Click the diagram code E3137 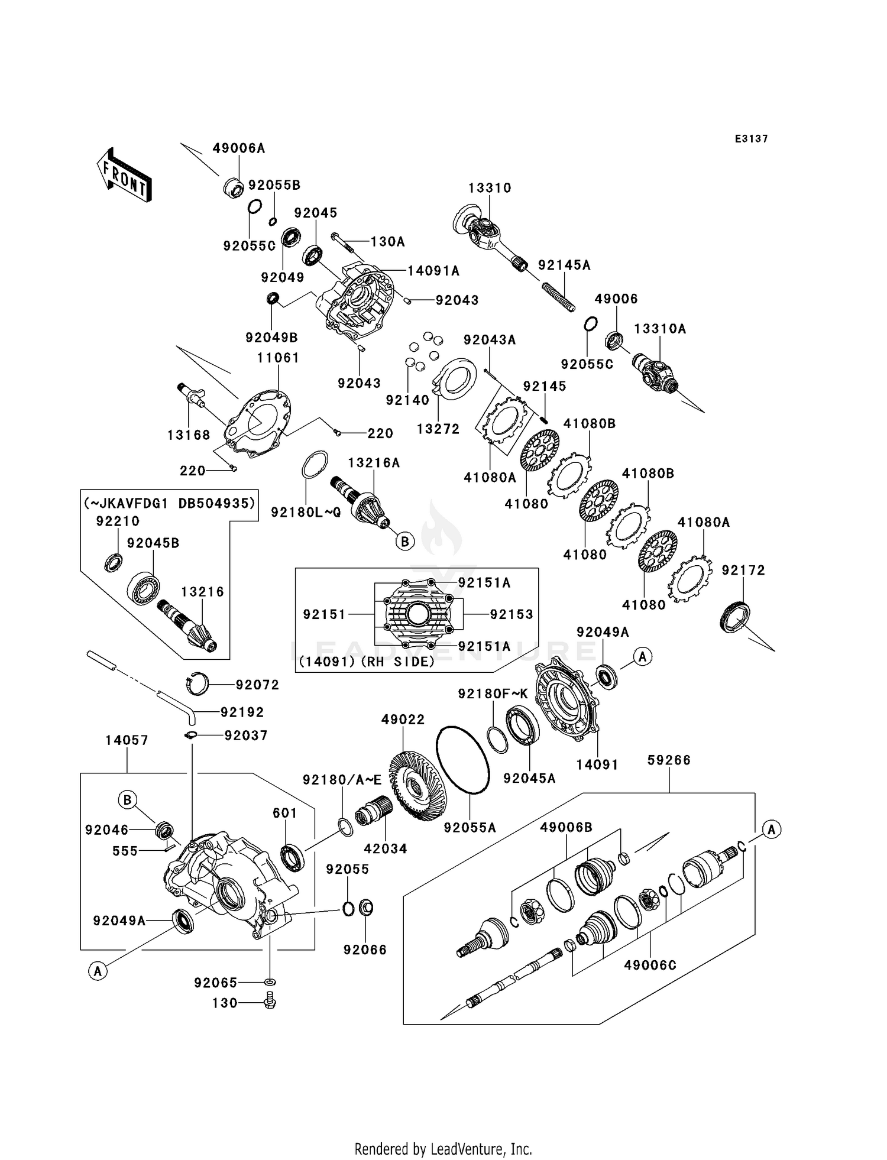point(751,139)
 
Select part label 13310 point(490,188)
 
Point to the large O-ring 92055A point(462,759)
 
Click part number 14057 point(127,740)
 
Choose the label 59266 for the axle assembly point(669,760)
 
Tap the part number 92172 point(743,571)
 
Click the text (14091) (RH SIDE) point(367,662)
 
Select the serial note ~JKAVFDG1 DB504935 point(169,503)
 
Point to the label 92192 point(242,712)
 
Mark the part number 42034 point(386,849)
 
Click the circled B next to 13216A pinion point(405,541)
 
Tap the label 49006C point(650,965)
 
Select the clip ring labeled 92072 point(197,684)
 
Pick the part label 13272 point(438,429)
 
